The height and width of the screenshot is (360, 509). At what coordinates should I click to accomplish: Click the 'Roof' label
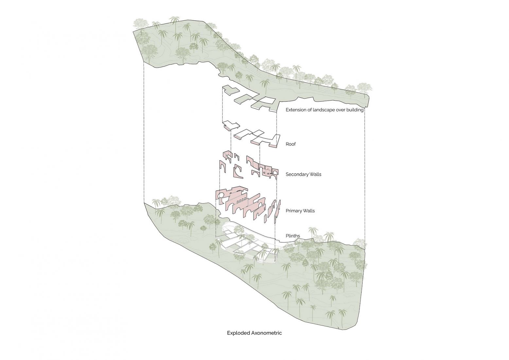(290, 144)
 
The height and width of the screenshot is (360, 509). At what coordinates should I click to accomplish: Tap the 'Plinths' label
(293, 236)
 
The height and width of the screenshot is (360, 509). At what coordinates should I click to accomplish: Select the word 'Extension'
(293, 110)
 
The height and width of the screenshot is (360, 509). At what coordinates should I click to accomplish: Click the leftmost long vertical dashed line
(144, 132)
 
